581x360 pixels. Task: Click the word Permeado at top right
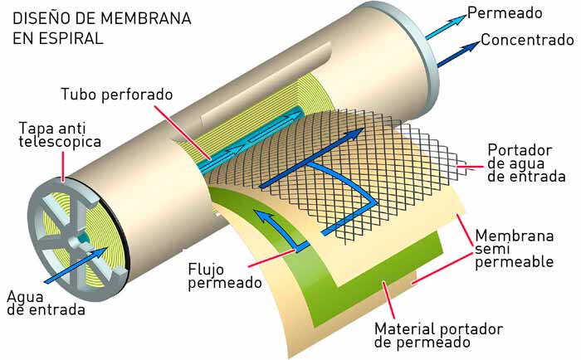(x=505, y=13)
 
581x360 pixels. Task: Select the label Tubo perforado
(x=116, y=94)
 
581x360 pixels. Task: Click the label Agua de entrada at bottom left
(x=45, y=303)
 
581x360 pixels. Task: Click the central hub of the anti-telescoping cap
(x=81, y=238)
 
